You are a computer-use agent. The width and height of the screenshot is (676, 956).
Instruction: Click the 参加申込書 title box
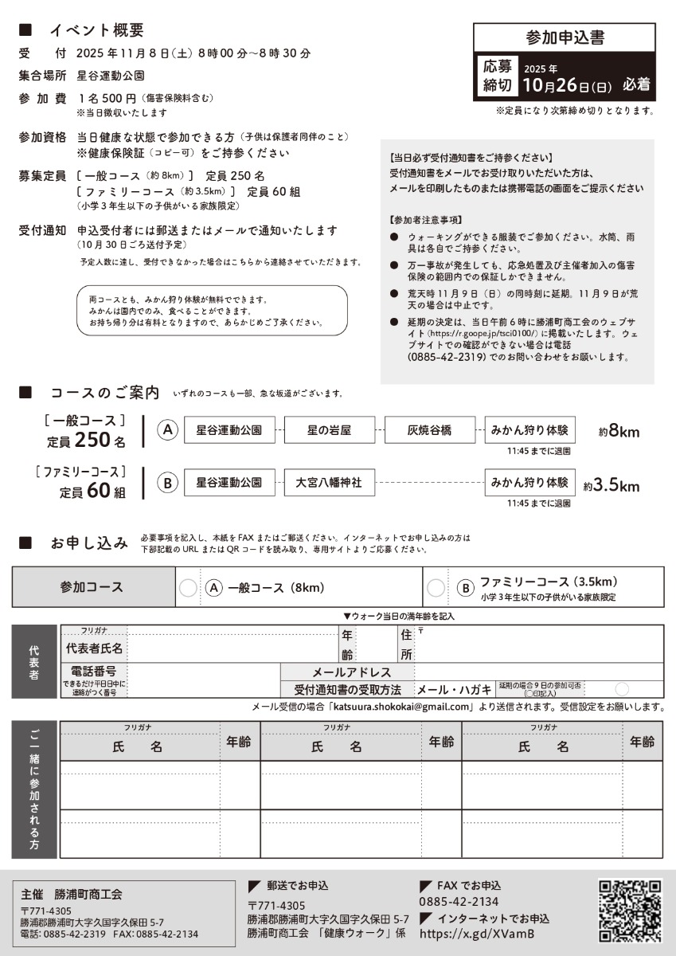[565, 37]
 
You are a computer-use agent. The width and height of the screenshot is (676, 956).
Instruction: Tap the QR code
[630, 911]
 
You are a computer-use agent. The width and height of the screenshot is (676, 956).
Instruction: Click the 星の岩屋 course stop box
[329, 430]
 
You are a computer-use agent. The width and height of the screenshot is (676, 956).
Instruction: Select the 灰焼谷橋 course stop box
[429, 430]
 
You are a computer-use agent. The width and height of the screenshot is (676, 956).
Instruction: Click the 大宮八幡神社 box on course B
[329, 483]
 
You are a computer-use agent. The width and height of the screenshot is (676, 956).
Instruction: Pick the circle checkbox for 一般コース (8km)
[188, 588]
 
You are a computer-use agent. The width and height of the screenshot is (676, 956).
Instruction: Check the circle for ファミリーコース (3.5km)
[436, 588]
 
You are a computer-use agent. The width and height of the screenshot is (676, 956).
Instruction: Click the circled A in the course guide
[167, 430]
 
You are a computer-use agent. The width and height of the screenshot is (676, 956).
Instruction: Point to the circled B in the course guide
[167, 483]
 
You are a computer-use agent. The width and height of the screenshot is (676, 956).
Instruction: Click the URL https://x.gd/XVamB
[476, 934]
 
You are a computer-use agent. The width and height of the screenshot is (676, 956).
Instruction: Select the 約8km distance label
[619, 431]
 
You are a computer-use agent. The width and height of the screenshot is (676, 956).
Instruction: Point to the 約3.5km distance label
[611, 484]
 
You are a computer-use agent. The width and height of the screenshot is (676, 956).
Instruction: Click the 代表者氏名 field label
[94, 648]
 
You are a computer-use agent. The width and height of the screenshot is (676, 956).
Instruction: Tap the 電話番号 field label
[94, 672]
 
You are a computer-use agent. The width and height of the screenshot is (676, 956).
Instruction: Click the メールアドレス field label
[351, 672]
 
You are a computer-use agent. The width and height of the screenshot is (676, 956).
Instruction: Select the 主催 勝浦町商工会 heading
[72, 894]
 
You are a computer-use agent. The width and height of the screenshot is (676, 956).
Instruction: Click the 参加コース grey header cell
[92, 587]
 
